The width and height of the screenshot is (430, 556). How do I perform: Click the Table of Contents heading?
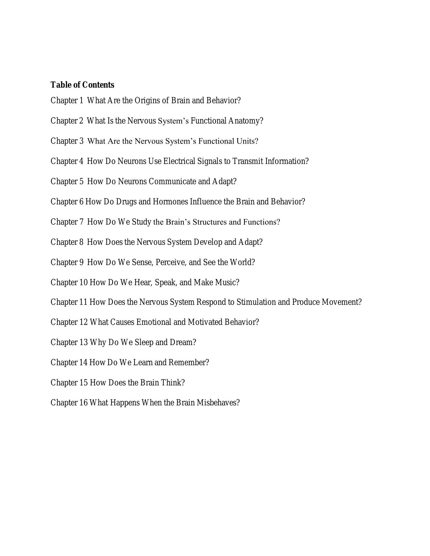pyautogui.click(x=82, y=85)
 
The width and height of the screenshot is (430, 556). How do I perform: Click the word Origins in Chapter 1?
pyautogui.click(x=147, y=100)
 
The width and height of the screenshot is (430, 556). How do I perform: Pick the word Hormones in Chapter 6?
pyautogui.click(x=170, y=202)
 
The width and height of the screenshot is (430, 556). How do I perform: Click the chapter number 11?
pyautogui.click(x=83, y=302)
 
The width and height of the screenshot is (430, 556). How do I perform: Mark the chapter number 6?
pyautogui.click(x=81, y=202)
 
